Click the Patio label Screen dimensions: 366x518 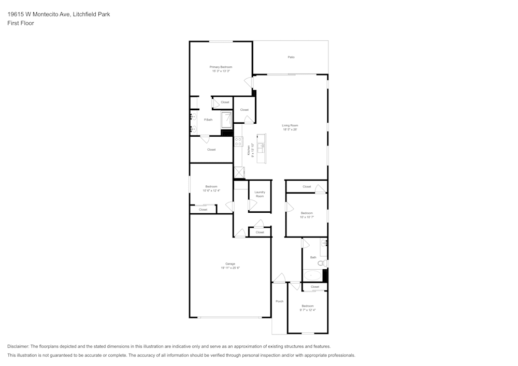[291, 57]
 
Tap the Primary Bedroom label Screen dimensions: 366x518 [221, 67]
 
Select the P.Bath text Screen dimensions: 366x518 [208, 120]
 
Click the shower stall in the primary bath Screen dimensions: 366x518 [227, 121]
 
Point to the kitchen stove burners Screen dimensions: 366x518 [238, 141]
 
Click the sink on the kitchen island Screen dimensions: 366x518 [262, 147]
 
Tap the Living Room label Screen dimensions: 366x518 [290, 125]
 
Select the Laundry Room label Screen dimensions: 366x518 [260, 194]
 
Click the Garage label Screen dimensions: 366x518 [230, 264]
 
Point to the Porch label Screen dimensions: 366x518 [279, 301]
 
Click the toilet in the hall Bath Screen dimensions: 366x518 [322, 263]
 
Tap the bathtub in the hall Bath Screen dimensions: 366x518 [312, 275]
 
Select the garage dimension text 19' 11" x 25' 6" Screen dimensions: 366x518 [230, 268]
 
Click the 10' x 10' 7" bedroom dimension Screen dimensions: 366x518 [307, 217]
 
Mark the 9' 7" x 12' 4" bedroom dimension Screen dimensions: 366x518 [308, 310]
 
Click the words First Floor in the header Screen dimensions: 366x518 [21, 23]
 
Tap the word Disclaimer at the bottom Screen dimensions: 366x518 [18, 346]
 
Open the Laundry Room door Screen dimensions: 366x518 [252, 205]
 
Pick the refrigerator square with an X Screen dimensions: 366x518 [239, 172]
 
